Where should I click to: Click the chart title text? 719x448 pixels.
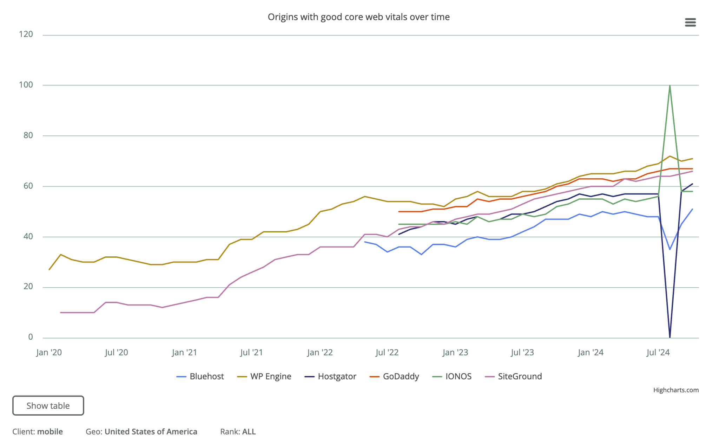(358, 17)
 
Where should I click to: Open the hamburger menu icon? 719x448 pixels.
(690, 23)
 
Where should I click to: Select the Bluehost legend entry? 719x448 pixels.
(200, 376)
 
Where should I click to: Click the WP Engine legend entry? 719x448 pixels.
(264, 376)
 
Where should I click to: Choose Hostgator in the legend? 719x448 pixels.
(330, 376)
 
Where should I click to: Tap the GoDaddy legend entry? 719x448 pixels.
(394, 376)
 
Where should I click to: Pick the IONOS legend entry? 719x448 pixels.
(452, 376)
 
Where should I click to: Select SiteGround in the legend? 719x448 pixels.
(513, 376)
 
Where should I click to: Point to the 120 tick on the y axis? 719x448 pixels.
(26, 34)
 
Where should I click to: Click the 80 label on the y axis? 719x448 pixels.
(28, 135)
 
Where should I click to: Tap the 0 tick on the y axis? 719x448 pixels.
(31, 337)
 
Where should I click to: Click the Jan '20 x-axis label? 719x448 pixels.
(49, 352)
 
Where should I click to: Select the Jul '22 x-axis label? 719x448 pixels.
(387, 352)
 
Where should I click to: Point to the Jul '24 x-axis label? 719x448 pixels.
(658, 352)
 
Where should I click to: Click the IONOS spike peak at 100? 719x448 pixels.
(670, 85)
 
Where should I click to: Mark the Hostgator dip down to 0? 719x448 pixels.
(670, 337)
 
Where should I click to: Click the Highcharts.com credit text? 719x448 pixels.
(676, 390)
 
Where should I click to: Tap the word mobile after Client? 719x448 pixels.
(50, 431)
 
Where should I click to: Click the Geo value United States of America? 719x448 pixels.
(151, 431)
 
